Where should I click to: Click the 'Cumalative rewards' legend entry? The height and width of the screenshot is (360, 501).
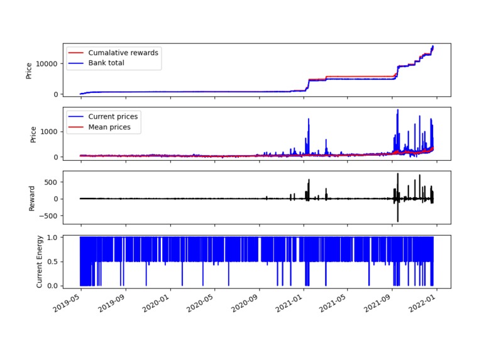[x=123, y=53]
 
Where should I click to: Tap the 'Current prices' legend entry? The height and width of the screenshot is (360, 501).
[x=113, y=116]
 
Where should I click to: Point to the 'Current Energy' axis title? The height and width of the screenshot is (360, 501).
[x=40, y=261]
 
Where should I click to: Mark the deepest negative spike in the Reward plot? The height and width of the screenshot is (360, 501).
[x=397, y=221]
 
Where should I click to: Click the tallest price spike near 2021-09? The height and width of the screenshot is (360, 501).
[x=398, y=111]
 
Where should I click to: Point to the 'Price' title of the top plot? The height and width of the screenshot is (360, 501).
[x=29, y=70]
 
